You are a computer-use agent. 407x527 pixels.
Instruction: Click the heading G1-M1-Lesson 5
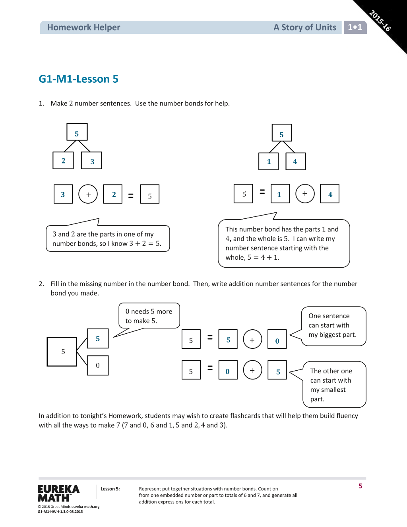[78, 79]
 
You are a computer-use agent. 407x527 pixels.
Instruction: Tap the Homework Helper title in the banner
[83, 27]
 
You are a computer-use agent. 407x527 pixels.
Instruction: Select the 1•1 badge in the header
[355, 27]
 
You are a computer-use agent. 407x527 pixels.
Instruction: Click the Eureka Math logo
[59, 493]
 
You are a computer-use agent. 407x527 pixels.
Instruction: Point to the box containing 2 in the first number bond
[63, 160]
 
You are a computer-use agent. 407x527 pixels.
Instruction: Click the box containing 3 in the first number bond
[91, 160]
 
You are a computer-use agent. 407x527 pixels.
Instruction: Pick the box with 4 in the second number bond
[296, 161]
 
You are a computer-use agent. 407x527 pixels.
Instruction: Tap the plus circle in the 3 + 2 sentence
[88, 194]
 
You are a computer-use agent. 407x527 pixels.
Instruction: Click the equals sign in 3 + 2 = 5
[131, 196]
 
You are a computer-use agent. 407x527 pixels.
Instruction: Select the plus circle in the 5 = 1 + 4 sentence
[305, 194]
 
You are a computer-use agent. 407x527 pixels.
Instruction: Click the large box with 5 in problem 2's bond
[62, 352]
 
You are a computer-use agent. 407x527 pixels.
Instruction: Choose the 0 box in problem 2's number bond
[98, 366]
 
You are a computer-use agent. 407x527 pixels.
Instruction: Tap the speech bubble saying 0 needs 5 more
[149, 316]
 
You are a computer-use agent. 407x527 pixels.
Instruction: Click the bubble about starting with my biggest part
[333, 326]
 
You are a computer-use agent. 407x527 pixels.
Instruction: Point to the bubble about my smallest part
[334, 385]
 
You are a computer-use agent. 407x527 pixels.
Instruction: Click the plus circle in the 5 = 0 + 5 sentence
[252, 370]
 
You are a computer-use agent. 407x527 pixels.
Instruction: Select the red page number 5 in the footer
[360, 486]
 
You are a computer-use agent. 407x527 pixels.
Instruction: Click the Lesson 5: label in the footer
[110, 489]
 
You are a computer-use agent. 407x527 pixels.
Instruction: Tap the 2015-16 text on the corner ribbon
[380, 21]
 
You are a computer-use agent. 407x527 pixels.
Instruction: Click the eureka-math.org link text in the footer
[85, 507]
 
